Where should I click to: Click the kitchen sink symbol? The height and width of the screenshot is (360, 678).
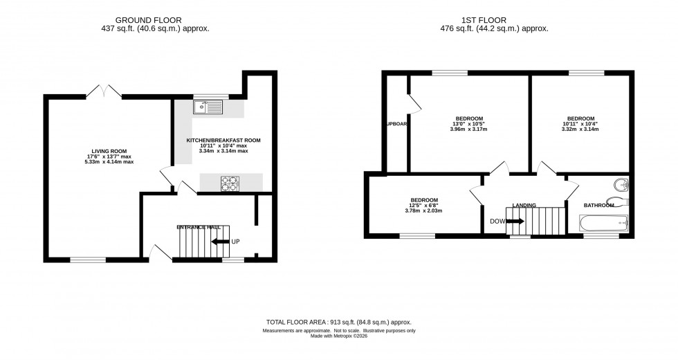pos(209,107)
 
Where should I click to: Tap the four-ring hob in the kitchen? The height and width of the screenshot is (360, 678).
pos(229,183)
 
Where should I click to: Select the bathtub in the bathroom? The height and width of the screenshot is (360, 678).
pos(603,223)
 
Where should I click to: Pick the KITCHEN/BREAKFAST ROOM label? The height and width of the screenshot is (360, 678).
pos(223,141)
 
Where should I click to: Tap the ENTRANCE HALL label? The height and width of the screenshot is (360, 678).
pos(199,227)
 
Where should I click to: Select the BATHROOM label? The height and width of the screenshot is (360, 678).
pos(599,205)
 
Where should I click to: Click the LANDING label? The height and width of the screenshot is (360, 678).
pos(524,205)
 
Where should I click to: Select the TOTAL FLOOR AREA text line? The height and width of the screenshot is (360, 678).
pos(338,322)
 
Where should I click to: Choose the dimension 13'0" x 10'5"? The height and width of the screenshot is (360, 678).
pos(469,124)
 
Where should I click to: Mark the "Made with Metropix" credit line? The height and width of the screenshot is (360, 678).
pos(338,337)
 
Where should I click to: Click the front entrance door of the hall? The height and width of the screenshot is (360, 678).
pos(161,253)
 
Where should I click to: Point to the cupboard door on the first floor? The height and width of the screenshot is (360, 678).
pos(414,104)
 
